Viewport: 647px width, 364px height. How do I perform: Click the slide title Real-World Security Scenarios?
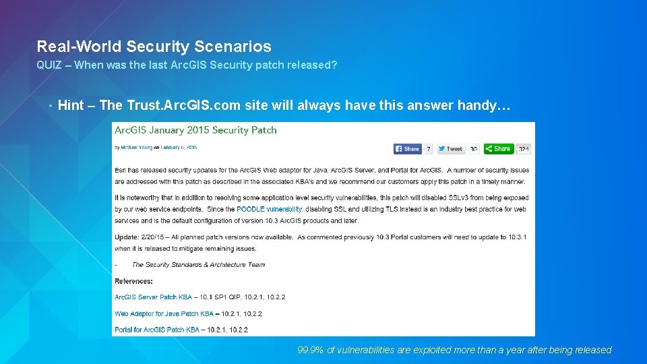[154, 47]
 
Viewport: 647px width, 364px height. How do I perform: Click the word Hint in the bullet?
[71, 105]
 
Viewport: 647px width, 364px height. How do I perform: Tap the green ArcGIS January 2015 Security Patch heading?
[195, 130]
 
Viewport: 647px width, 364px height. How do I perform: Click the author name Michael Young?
[135, 147]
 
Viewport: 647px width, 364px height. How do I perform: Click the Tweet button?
[451, 148]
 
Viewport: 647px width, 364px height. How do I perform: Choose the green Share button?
[499, 148]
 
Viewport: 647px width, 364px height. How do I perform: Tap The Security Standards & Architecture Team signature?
[198, 265]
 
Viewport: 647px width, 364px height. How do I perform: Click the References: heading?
[133, 281]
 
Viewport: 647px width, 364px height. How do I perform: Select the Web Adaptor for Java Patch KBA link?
[164, 313]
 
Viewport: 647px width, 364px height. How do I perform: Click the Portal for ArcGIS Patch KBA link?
[156, 330]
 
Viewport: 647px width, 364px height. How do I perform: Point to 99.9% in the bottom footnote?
[310, 350]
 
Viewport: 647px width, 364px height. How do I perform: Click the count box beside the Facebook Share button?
[429, 148]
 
